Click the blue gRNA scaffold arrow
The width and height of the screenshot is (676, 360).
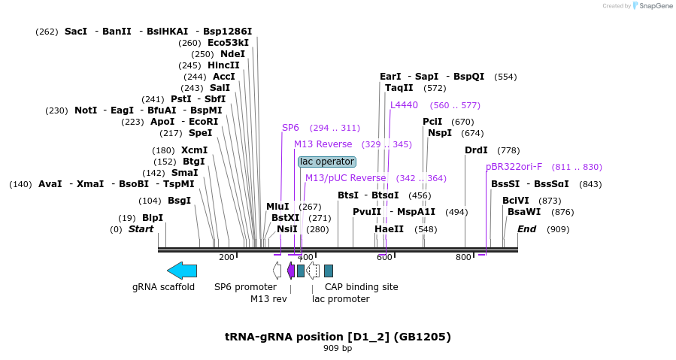[182, 271]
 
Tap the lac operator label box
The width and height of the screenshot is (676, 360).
[327, 162]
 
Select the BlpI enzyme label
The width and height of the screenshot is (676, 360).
[153, 218]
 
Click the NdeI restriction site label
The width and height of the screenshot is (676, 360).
[232, 54]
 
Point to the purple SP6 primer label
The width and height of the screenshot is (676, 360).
[290, 128]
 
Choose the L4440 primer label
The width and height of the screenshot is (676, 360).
[404, 105]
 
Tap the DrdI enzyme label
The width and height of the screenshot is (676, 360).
[476, 150]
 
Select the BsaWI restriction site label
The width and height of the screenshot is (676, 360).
[523, 212]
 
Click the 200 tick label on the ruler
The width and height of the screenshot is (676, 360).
[226, 258]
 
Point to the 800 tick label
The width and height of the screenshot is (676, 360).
[463, 258]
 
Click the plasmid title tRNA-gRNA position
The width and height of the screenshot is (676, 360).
[338, 337]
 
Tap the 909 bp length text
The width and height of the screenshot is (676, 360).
[338, 349]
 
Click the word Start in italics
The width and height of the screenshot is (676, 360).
[141, 229]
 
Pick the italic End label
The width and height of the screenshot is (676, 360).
[526, 229]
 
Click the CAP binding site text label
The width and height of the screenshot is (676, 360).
[361, 286]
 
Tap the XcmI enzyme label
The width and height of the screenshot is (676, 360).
[194, 150]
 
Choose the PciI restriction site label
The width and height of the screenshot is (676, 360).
[432, 122]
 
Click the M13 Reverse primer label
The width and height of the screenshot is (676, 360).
[323, 144]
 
